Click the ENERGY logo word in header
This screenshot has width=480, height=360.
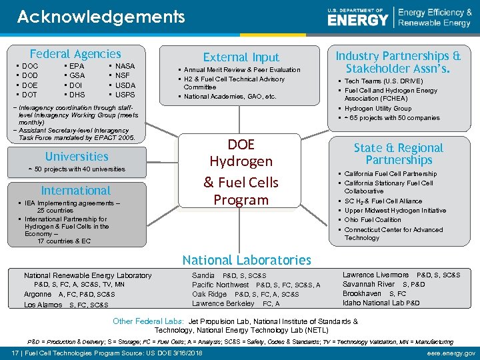tap(358, 19)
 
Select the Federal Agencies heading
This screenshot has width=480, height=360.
tap(75, 54)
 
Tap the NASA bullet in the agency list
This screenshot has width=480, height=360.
tap(125, 67)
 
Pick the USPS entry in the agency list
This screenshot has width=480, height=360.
tap(125, 95)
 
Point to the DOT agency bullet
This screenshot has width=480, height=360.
tap(30, 95)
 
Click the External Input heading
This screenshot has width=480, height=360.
tap(241, 57)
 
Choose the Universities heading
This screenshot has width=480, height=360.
tap(77, 157)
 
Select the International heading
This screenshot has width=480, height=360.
tap(76, 191)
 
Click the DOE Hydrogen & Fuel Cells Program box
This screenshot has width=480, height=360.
tap(240, 172)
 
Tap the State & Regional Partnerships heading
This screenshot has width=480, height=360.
tap(399, 154)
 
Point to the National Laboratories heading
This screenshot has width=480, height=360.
tap(247, 260)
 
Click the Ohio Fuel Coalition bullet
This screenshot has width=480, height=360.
tap(373, 220)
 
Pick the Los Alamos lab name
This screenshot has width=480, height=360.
tap(43, 305)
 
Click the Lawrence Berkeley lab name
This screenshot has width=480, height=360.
tap(223, 303)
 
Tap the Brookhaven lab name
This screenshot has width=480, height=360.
tap(362, 293)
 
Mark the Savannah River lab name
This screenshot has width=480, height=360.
tap(369, 284)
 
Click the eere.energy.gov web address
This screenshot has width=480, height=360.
tap(451, 353)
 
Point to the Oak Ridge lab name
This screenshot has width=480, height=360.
tap(209, 294)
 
